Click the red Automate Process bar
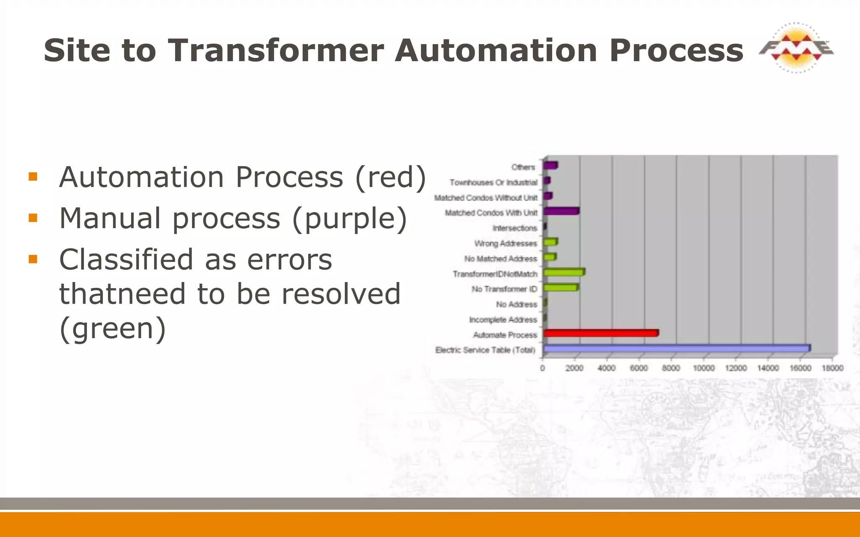click(600, 334)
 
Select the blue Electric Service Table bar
click(676, 349)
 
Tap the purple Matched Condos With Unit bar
click(561, 211)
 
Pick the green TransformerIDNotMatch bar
click(564, 273)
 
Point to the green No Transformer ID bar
click(561, 288)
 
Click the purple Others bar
click(550, 165)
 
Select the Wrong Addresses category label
click(506, 243)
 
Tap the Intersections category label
click(515, 228)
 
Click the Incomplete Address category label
click(503, 320)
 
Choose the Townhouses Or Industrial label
click(493, 182)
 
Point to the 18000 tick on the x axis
click(832, 368)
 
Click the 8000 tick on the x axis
click(671, 368)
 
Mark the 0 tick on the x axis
click(543, 368)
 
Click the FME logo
click(796, 48)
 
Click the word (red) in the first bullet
click(391, 177)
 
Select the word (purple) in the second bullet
click(349, 218)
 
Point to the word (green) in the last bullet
click(113, 328)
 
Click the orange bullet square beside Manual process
click(33, 218)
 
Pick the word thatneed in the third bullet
click(122, 294)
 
